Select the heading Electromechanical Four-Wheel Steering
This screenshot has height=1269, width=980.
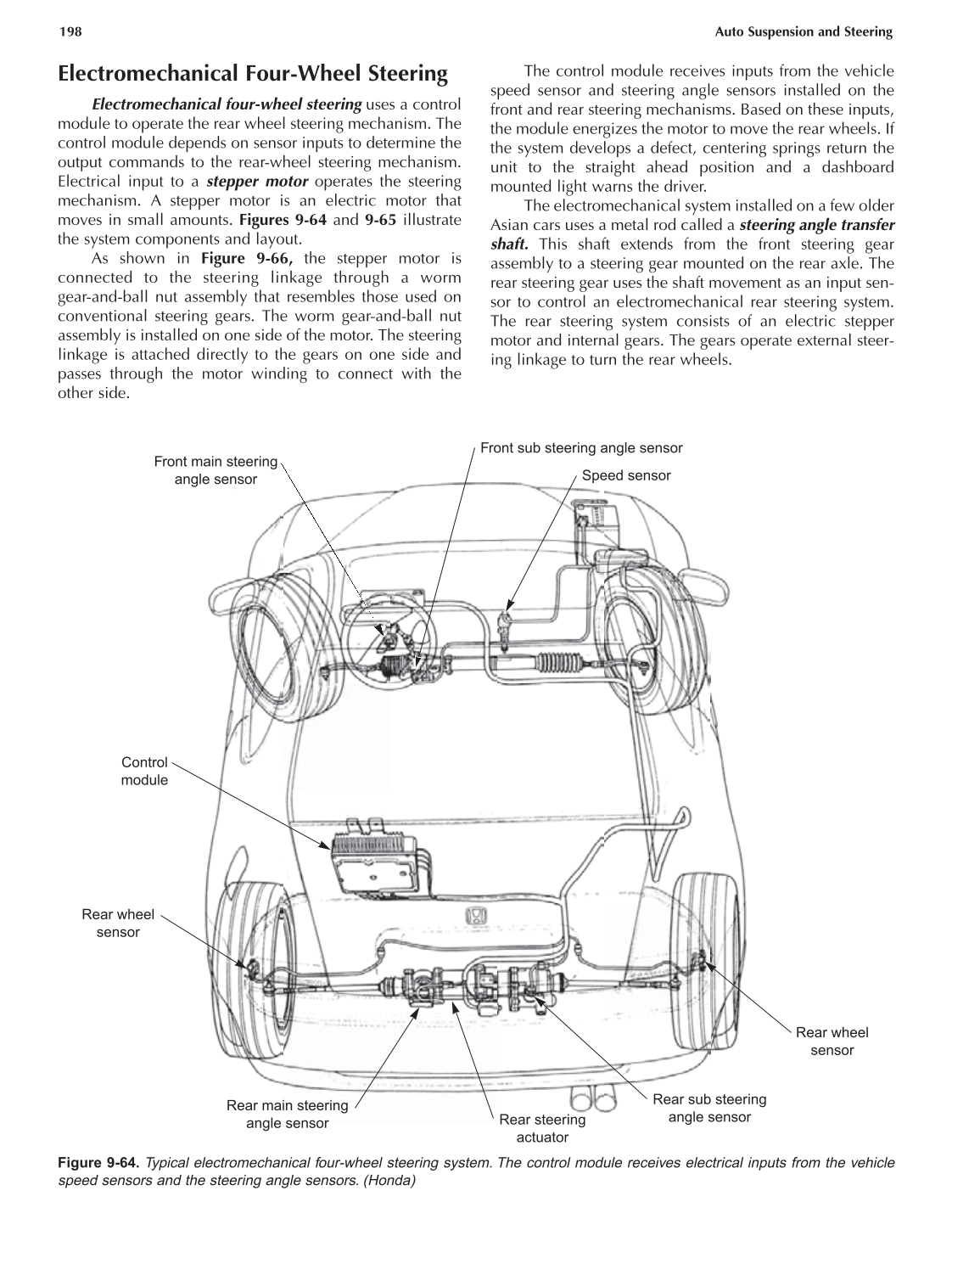[252, 74]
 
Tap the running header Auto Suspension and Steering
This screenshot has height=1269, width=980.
[804, 32]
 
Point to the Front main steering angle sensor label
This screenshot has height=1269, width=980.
[216, 470]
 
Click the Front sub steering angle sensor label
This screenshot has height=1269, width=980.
[581, 448]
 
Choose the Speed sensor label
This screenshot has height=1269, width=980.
[626, 475]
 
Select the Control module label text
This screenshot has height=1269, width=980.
[145, 771]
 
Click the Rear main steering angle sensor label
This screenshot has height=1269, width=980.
[287, 1114]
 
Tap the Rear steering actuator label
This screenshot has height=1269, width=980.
[542, 1128]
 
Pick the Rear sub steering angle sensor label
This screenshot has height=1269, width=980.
[709, 1108]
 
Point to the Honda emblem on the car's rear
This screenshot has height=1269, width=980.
[478, 915]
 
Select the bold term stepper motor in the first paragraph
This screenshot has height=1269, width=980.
[257, 182]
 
